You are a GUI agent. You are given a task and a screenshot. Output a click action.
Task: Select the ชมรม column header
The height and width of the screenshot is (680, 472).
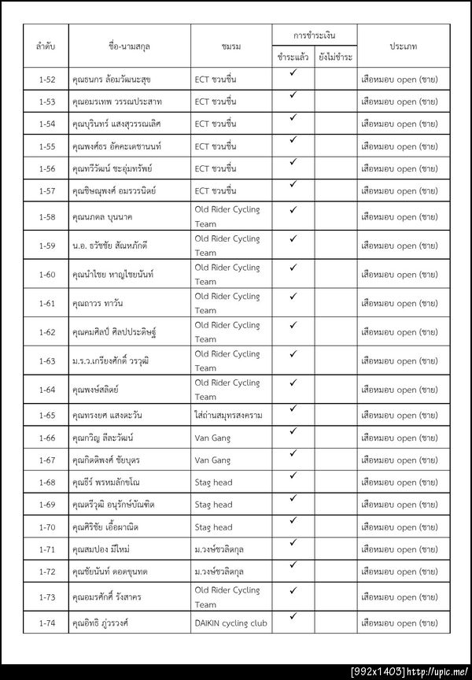[230, 46]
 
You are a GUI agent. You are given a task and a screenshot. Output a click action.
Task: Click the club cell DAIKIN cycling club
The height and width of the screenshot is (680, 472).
[230, 623]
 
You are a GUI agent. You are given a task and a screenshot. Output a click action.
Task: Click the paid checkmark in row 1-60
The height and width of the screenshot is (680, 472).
[293, 268]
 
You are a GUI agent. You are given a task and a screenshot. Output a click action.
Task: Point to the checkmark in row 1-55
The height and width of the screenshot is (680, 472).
[293, 140]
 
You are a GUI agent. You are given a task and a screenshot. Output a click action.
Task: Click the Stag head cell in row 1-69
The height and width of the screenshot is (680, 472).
[213, 504]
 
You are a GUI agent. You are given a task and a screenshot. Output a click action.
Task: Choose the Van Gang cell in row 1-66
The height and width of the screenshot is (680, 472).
[212, 438]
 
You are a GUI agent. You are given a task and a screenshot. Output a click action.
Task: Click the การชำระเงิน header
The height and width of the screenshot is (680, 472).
[314, 36]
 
